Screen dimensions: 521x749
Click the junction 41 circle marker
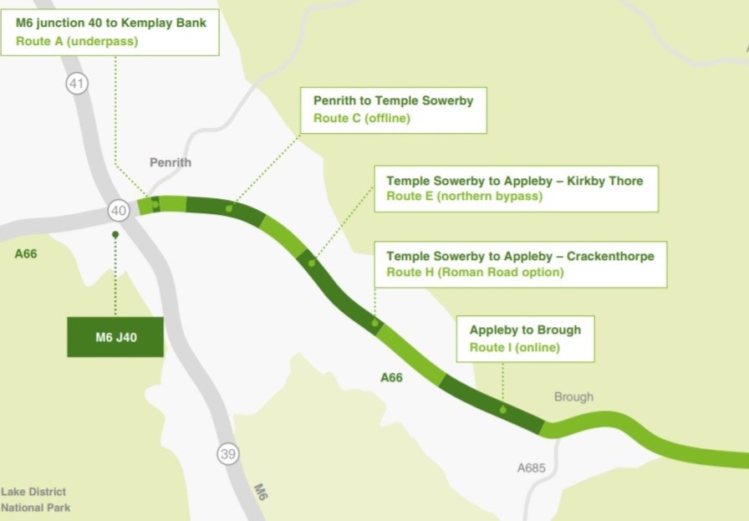[78, 83]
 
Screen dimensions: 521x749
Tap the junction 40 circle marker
[119, 211]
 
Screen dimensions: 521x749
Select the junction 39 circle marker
[228, 453]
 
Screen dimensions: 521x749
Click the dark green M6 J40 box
[115, 337]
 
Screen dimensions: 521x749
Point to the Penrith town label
[171, 162]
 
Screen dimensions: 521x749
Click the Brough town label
[573, 396]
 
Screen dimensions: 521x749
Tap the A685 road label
[531, 468]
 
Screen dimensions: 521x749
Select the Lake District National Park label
[34, 499]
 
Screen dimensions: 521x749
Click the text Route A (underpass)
[77, 41]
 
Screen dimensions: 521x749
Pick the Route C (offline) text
[362, 118]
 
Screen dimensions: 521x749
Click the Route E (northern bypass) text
[464, 197]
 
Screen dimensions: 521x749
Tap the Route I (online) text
[514, 347]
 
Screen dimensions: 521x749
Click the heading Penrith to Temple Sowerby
[393, 100]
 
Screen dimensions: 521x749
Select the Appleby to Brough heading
[525, 329]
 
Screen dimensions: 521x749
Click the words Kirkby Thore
[608, 180]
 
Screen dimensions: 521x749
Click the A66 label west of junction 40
[26, 253]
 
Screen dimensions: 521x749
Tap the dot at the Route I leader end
[502, 410]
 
